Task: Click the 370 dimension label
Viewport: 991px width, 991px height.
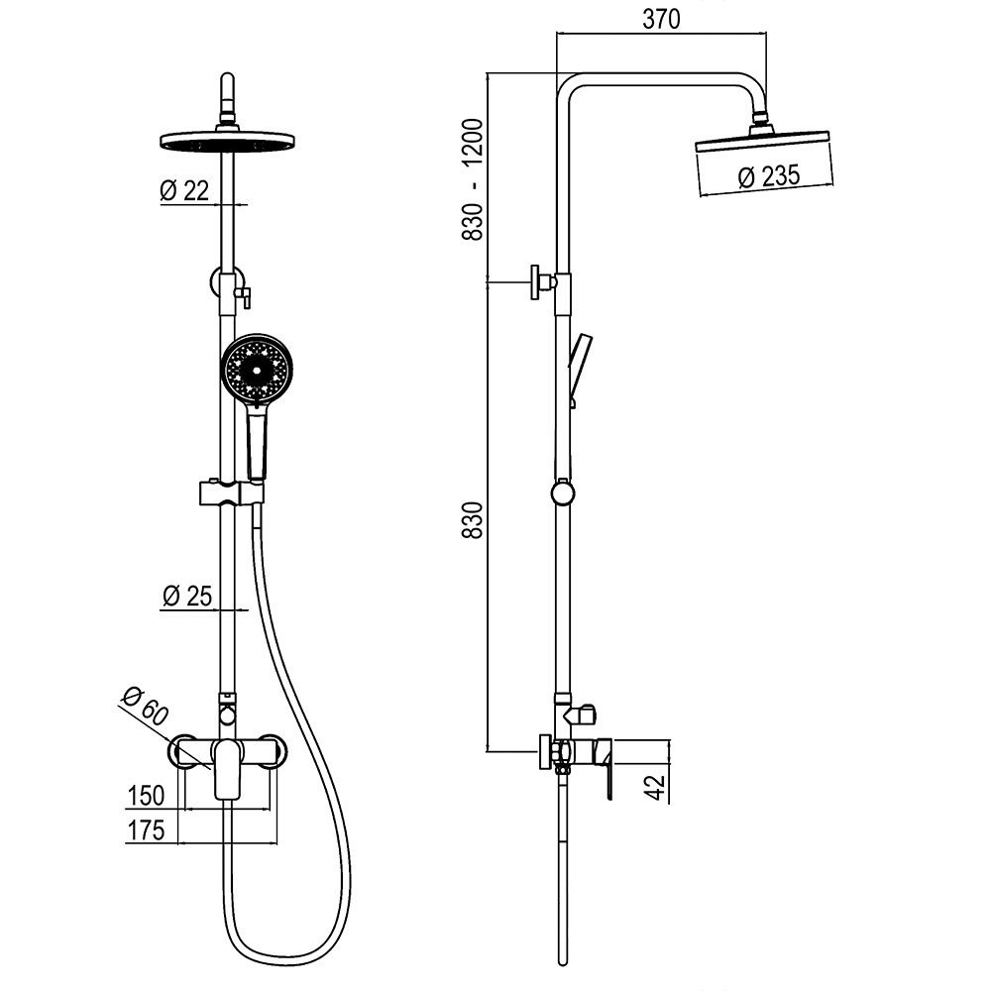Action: coord(661,19)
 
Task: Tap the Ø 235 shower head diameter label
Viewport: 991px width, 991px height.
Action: coord(769,175)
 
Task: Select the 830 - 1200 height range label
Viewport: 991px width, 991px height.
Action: coord(473,178)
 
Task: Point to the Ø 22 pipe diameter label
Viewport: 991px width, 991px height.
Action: coord(184,189)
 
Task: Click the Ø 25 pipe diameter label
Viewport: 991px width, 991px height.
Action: coord(187,596)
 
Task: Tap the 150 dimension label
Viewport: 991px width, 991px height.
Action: coord(146,795)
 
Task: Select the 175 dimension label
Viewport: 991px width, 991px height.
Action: coord(146,830)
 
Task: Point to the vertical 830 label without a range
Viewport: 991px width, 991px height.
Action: coord(473,520)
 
